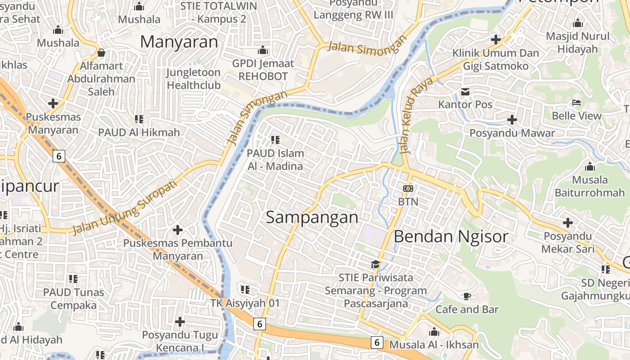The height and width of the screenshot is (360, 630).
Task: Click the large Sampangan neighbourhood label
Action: [x=312, y=217]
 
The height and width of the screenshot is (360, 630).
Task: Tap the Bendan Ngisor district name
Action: [x=451, y=236]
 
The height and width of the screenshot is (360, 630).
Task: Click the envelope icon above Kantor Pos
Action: [x=465, y=92]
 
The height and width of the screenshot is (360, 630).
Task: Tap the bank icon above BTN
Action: [x=408, y=189]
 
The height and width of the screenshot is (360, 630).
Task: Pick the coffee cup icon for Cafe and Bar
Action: [x=467, y=296]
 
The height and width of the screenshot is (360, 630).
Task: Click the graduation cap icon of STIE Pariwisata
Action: [x=375, y=264]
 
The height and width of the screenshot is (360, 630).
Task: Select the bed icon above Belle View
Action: [x=576, y=103]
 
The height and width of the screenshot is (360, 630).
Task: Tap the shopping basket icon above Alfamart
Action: [x=101, y=53]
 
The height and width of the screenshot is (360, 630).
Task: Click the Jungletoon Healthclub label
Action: [x=193, y=79]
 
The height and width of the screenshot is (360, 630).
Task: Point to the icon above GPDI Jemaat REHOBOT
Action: [x=263, y=50]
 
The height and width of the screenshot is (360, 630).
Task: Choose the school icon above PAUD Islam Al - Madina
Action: [x=275, y=140]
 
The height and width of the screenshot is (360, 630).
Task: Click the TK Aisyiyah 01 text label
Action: [x=245, y=303]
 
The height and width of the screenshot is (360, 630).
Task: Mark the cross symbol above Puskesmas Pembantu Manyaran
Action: [x=178, y=230]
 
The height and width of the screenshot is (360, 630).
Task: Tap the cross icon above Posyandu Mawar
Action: [x=512, y=120]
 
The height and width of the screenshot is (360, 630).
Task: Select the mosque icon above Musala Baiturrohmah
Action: [x=589, y=167]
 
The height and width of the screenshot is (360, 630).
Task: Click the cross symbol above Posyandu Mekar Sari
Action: [x=568, y=222]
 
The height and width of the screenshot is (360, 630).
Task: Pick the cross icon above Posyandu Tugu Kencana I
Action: [x=180, y=322]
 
